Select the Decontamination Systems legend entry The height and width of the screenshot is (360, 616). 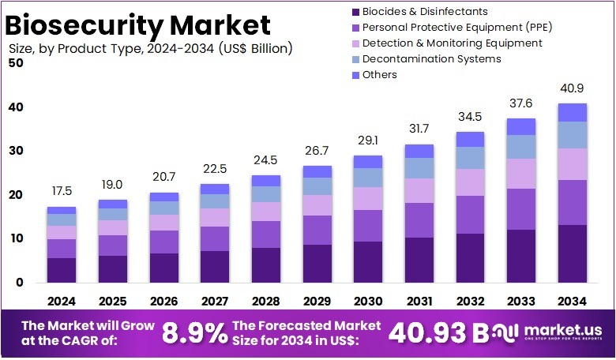431,59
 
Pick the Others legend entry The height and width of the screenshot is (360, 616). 380,75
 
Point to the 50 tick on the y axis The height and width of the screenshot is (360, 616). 16,63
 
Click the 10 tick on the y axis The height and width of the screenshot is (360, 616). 16,238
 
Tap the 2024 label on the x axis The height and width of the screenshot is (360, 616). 62,301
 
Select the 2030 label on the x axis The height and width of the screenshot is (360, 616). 368,301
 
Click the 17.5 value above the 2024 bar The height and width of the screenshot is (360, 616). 62,192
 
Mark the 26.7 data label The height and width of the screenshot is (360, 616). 317,151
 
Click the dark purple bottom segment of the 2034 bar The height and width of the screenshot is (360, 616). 573,253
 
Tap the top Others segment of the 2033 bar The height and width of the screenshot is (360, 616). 521,126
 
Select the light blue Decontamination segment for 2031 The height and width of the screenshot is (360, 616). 419,167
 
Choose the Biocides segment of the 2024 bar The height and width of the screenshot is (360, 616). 62,270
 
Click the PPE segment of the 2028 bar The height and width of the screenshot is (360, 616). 266,234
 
